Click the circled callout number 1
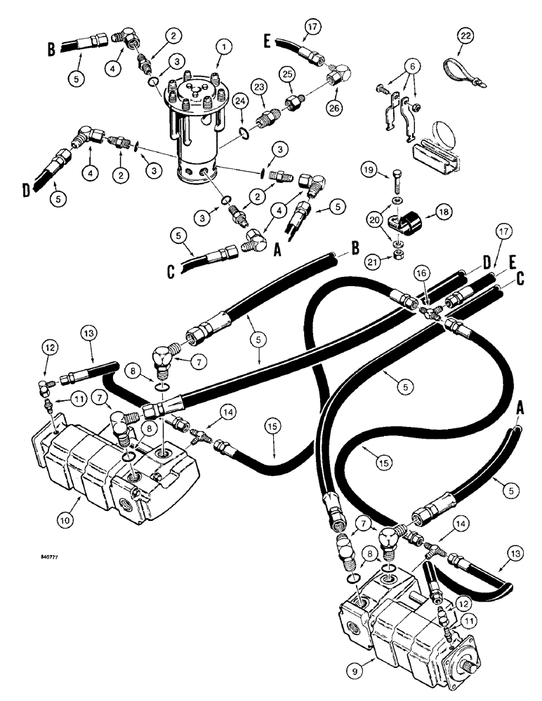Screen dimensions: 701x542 pyautogui.click(x=223, y=47)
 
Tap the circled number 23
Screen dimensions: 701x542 pyautogui.click(x=260, y=88)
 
